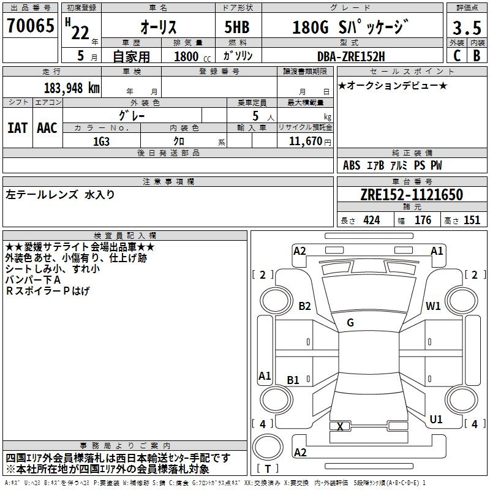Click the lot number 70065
coord(30,26)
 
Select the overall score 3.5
coord(467,28)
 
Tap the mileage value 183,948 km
coord(72,88)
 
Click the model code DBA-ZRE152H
coord(351,56)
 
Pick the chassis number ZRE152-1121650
coord(412,194)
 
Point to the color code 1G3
coord(101,141)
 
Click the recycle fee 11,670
coord(305,141)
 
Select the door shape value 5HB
coord(237,27)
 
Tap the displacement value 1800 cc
coord(192,56)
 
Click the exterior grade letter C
coord(457,56)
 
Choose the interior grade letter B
coord(477,56)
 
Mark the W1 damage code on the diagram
coord(433,306)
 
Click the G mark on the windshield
coord(350,323)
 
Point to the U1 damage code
coord(436,419)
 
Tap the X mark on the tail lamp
coord(340,426)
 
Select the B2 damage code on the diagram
coord(304,306)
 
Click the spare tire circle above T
coord(268,447)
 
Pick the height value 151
coord(472,220)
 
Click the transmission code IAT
coord(18,128)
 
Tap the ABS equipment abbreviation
coord(352,165)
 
